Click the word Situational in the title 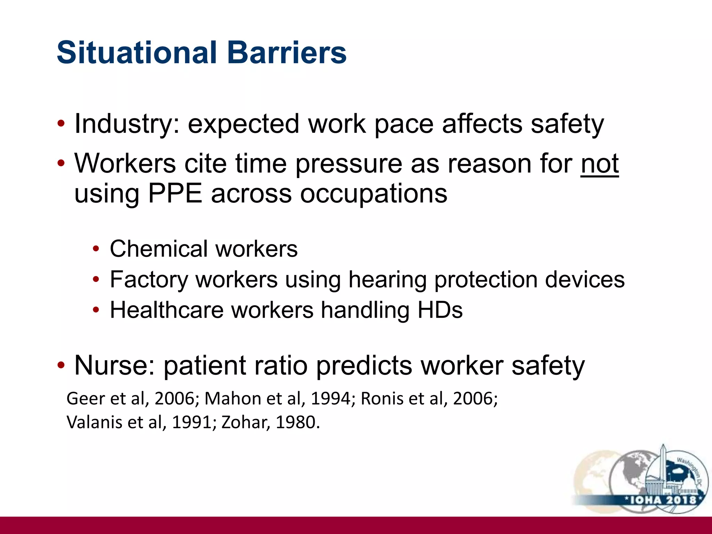[x=137, y=53]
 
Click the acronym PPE [x=175, y=194]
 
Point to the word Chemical [x=159, y=249]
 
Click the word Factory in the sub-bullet [x=149, y=280]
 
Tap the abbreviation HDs [x=440, y=310]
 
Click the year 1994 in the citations [x=331, y=398]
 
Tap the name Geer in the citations [x=86, y=398]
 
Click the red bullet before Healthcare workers [x=96, y=310]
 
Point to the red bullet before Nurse [x=61, y=366]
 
